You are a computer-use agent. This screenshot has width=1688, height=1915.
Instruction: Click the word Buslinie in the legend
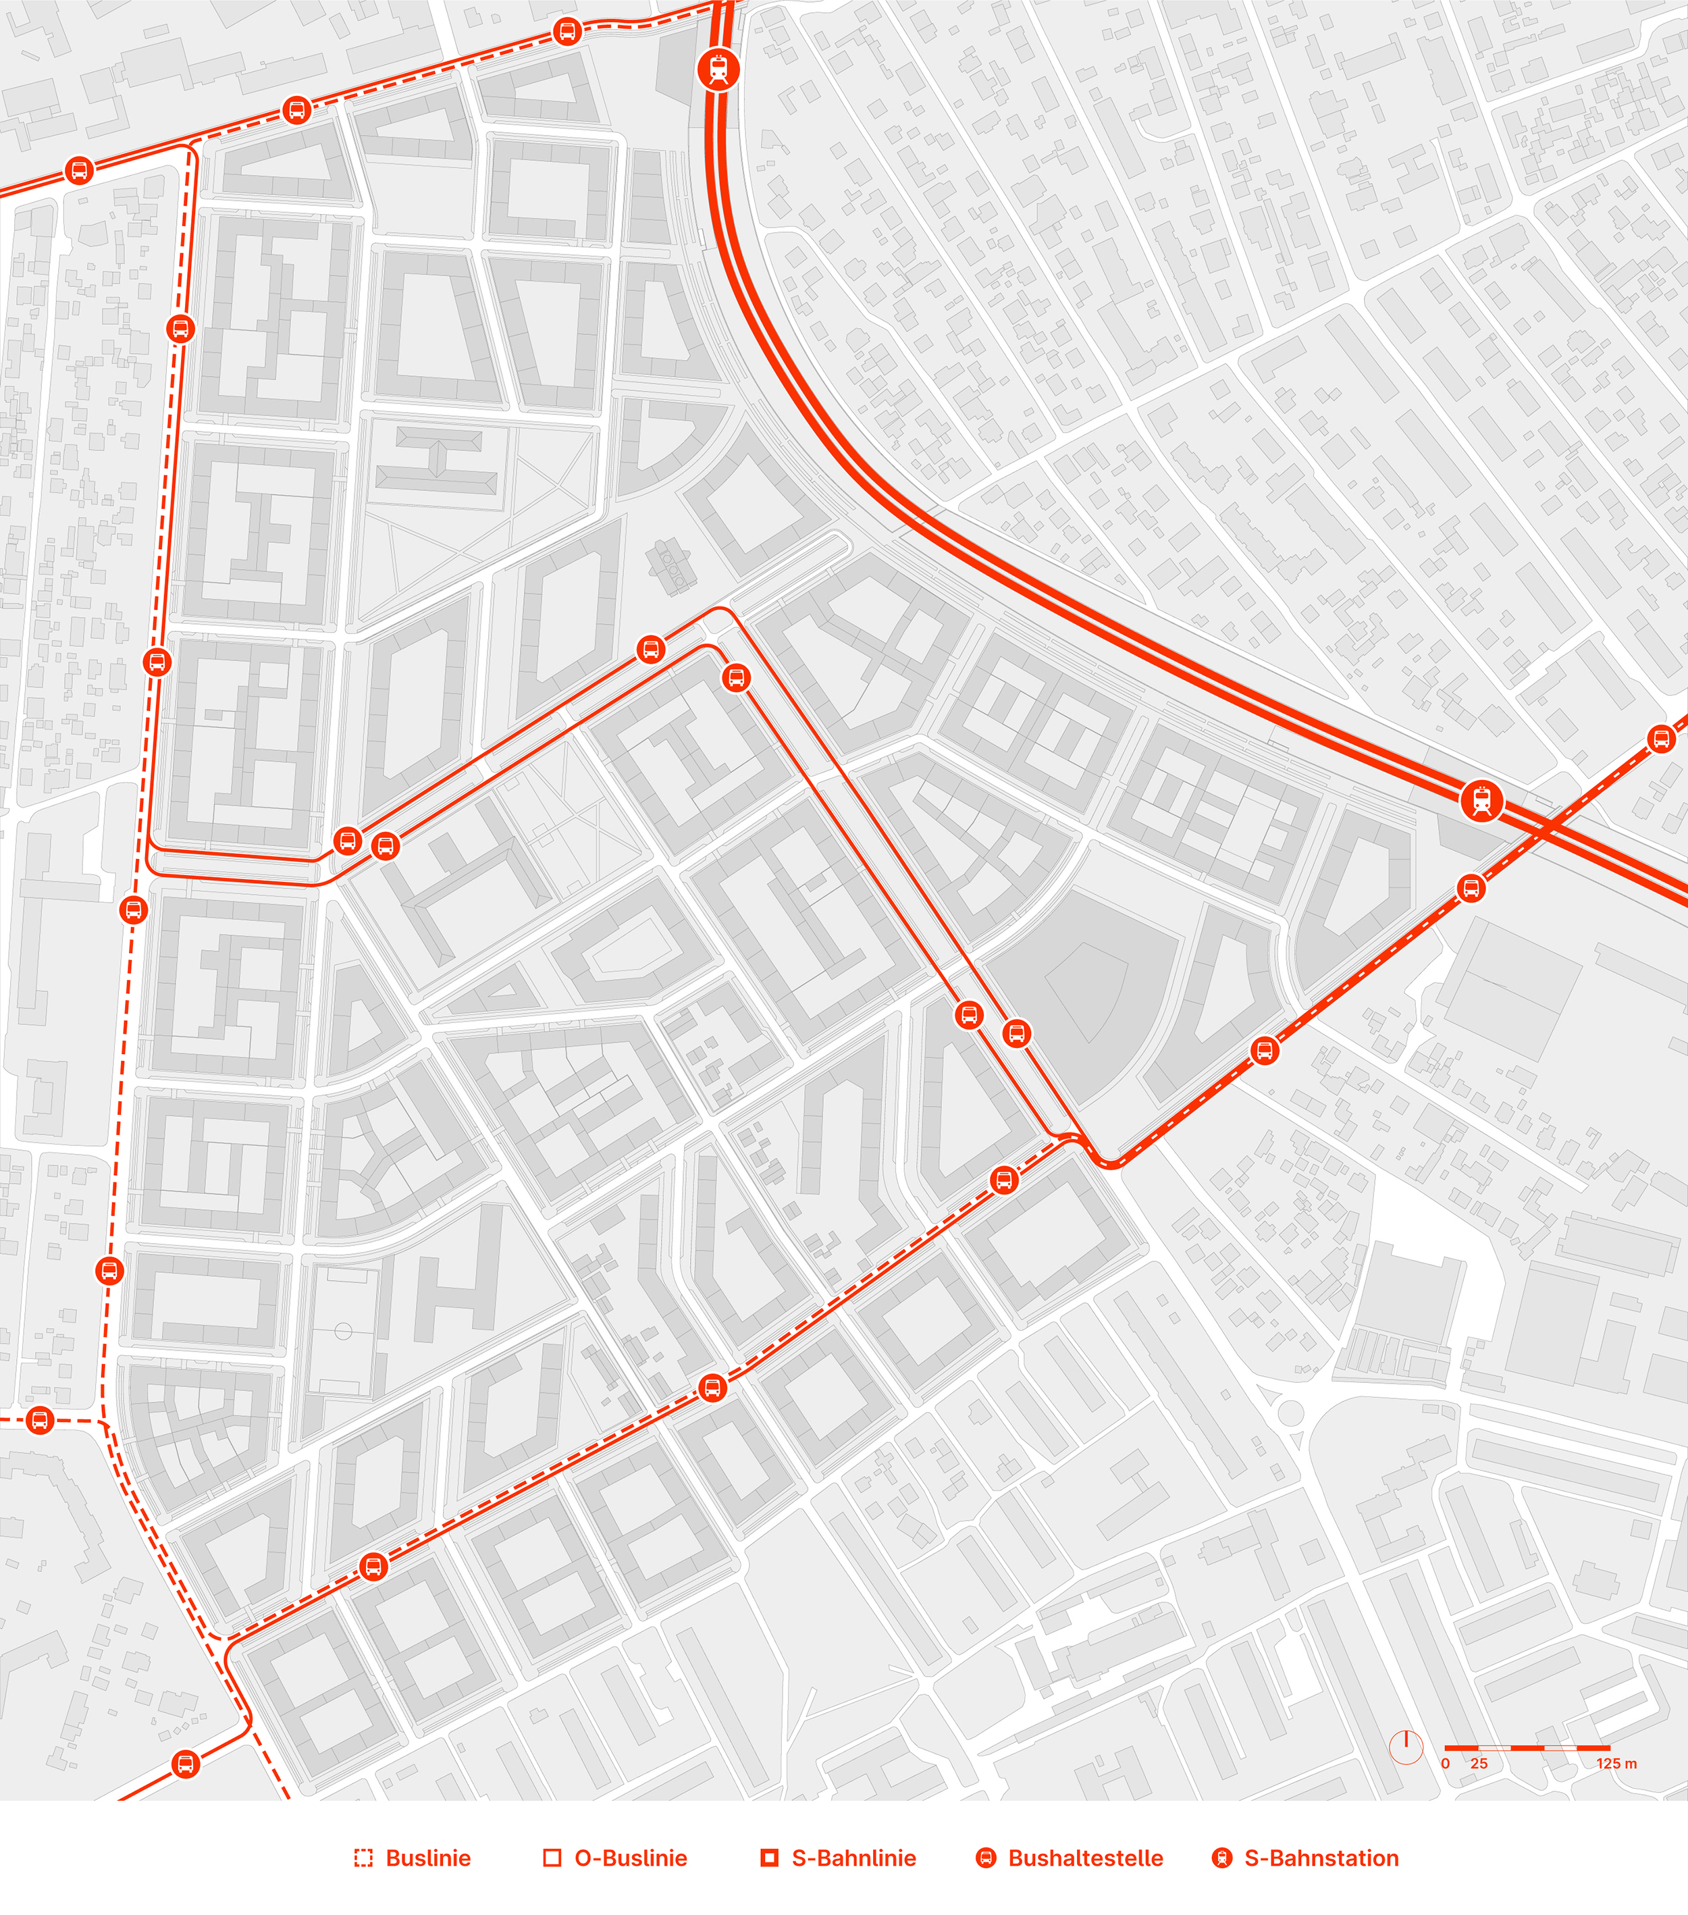pos(428,1858)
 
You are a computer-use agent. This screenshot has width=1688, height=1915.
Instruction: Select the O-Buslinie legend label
pos(631,1858)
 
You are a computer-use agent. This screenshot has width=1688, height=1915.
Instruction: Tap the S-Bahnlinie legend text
pos(853,1858)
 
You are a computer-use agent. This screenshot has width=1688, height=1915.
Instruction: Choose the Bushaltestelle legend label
pos(1085,1858)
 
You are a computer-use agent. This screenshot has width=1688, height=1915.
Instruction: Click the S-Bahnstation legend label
pos(1321,1858)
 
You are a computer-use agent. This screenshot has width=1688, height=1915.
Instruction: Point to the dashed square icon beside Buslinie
pos(363,1858)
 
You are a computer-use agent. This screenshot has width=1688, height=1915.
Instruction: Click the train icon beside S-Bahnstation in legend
pos(1221,1858)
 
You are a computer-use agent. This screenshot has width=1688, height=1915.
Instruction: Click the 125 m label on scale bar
pos(1616,1763)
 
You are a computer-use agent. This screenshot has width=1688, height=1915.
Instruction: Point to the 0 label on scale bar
pos(1446,1763)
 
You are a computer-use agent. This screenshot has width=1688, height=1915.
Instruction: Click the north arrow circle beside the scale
pos(1406,1748)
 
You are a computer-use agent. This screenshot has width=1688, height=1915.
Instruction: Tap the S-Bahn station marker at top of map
pos(718,70)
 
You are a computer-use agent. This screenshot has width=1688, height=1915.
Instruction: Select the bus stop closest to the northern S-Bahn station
pos(566,32)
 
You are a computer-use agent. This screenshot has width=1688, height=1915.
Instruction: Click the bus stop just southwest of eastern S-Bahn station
pos(1472,888)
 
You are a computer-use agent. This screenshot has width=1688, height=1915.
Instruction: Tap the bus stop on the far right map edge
pos(1661,739)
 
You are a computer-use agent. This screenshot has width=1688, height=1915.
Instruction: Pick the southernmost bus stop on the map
pos(186,1765)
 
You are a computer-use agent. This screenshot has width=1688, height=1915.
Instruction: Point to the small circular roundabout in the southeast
pos(1291,1413)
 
